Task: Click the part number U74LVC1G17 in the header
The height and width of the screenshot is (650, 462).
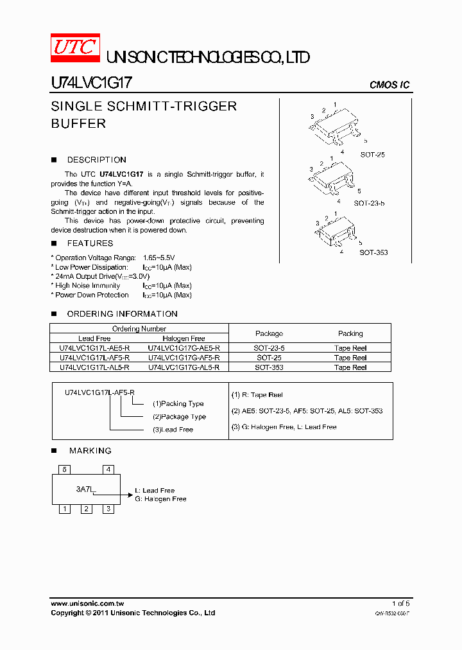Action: (x=91, y=83)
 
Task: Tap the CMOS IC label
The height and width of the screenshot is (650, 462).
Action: (x=389, y=85)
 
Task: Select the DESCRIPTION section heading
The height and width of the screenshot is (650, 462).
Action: (x=96, y=160)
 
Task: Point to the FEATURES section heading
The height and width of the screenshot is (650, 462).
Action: (x=90, y=243)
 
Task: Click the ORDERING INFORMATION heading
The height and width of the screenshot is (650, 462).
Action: (x=122, y=314)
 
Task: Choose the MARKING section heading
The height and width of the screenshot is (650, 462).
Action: (x=90, y=451)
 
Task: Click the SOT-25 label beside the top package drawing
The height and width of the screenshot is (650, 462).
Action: (x=372, y=155)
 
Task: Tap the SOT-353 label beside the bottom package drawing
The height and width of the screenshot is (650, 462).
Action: (x=373, y=252)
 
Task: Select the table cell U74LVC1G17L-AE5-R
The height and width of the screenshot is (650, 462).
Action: (x=94, y=348)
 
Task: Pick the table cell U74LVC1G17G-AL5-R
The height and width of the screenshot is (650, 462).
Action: (x=184, y=367)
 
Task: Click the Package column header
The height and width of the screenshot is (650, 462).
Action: (x=269, y=333)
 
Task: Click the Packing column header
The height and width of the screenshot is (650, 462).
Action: (x=350, y=333)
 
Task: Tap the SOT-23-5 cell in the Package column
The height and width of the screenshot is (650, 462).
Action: (x=269, y=348)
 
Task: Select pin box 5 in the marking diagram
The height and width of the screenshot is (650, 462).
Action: (x=65, y=470)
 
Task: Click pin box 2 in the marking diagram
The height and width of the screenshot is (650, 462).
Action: (x=86, y=509)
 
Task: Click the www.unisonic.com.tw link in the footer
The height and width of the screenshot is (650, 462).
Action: (x=87, y=604)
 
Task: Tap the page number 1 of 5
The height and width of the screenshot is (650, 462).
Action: (x=400, y=604)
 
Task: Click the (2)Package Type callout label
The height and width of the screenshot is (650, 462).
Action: (x=179, y=417)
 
